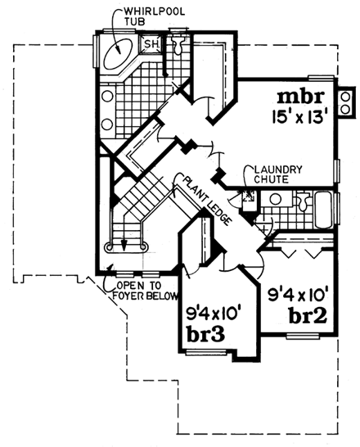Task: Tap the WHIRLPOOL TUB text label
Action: point(146,16)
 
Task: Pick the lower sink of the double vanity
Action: point(107,125)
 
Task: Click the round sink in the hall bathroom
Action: point(275,199)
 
